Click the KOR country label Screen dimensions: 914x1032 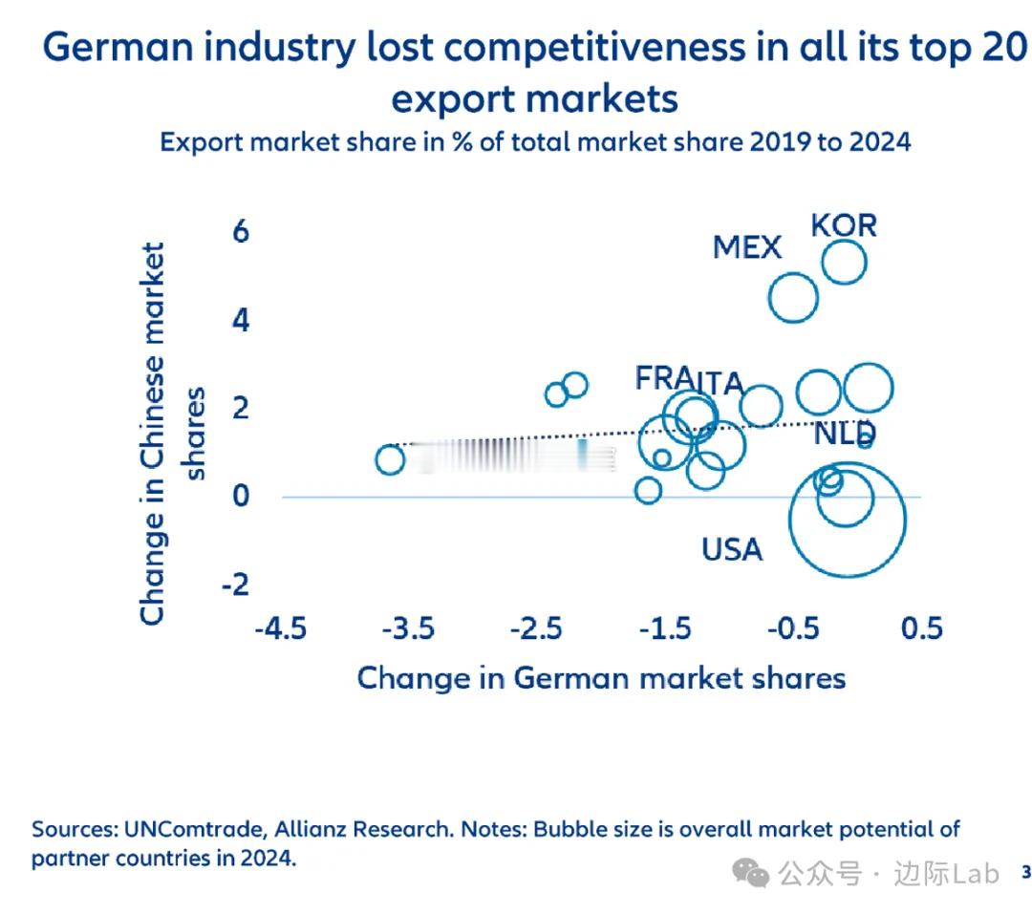coord(844,225)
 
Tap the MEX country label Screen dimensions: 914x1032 coord(747,247)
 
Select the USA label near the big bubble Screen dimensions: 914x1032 coord(732,549)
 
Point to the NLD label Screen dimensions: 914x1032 coord(845,434)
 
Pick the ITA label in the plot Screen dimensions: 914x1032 coord(719,383)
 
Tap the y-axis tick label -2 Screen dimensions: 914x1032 coord(235,584)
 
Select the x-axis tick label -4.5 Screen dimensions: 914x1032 coord(280,628)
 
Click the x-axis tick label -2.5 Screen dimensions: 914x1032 coord(535,628)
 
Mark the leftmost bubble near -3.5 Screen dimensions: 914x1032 coord(390,459)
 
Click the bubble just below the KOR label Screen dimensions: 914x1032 coord(844,263)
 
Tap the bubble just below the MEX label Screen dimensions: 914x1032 coord(793,298)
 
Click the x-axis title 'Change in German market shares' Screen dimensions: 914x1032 coord(601,678)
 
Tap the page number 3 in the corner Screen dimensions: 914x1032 coord(1026,872)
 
